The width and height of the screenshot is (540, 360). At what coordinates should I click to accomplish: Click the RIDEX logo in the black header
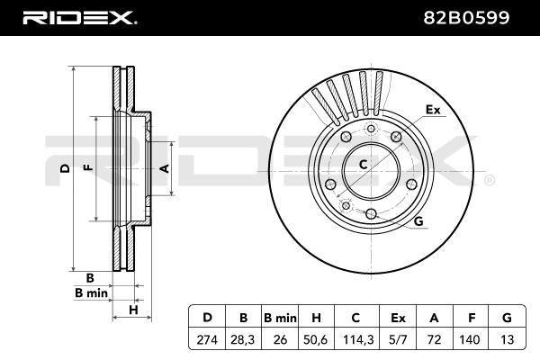coord(79,18)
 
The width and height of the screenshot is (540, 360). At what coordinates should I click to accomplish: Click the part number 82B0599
coord(466,18)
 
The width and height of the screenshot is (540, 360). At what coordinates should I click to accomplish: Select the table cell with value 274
coord(207,340)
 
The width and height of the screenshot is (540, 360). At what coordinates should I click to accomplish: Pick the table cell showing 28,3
coord(243,340)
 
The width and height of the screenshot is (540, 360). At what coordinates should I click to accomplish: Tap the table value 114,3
coord(358,340)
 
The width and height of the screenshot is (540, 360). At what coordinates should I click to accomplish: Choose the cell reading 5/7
coord(398,340)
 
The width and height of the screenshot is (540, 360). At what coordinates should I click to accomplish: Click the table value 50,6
coord(316,340)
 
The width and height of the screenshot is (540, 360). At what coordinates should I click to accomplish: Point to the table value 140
coord(470,340)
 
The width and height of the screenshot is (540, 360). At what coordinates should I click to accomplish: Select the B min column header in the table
coord(280,318)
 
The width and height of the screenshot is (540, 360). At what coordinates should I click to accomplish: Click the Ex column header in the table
coord(398,318)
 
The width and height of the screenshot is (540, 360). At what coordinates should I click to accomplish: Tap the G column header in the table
coord(507,318)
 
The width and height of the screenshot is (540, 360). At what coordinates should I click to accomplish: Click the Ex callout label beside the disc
coord(433,110)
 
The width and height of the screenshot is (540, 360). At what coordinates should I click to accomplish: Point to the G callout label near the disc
coord(418,220)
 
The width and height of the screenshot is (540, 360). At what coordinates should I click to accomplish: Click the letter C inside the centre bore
coord(363,165)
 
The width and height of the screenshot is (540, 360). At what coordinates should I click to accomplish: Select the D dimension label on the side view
coord(65,168)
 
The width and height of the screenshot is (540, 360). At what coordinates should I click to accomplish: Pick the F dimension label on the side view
coord(89,167)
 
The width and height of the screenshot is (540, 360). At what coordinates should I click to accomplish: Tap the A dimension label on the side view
coord(166,168)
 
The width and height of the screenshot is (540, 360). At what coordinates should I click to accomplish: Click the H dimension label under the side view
coord(133,310)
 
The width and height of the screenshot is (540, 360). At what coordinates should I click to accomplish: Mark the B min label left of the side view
coord(91,293)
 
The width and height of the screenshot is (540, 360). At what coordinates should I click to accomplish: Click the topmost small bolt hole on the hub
coord(371,129)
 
